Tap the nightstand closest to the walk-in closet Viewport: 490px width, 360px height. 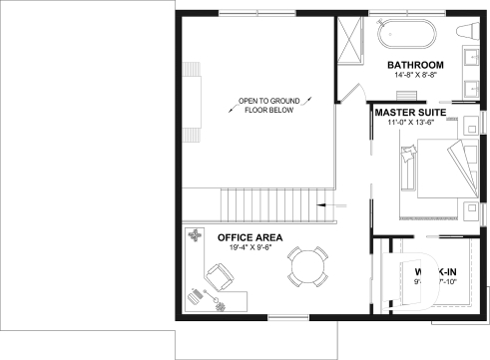click(469, 209)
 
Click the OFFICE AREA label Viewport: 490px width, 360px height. click(249, 237)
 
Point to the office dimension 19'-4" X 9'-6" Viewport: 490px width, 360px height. click(249, 248)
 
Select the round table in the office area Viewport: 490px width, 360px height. click(306, 267)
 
